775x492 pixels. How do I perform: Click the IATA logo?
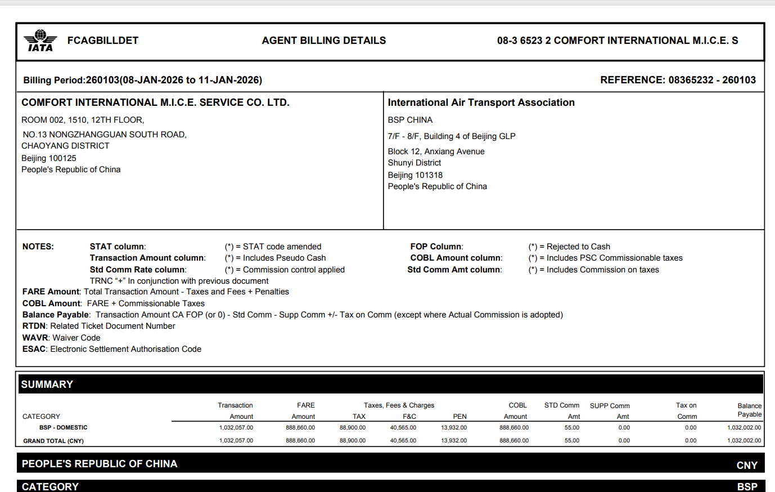pyautogui.click(x=40, y=41)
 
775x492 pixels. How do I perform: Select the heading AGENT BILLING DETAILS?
pyautogui.click(x=323, y=41)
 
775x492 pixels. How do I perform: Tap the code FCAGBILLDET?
pyautogui.click(x=102, y=41)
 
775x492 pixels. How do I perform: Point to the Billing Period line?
pyautogui.click(x=142, y=80)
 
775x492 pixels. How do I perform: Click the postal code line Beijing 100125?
pyautogui.click(x=49, y=158)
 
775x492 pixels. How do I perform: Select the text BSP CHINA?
pyautogui.click(x=410, y=120)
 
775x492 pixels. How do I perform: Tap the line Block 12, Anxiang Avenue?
pyautogui.click(x=436, y=151)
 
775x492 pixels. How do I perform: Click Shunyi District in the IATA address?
pyautogui.click(x=414, y=163)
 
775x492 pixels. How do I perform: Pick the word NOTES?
pyautogui.click(x=38, y=247)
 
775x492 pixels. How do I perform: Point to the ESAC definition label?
pyautogui.click(x=34, y=349)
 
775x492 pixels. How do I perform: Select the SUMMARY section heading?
pyautogui.click(x=47, y=384)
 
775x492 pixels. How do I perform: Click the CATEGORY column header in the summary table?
pyautogui.click(x=41, y=417)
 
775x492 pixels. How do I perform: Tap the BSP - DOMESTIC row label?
pyautogui.click(x=63, y=428)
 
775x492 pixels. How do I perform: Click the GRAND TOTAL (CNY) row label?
pyautogui.click(x=53, y=441)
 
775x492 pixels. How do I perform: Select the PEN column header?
pyautogui.click(x=459, y=417)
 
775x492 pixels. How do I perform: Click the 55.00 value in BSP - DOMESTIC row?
pyautogui.click(x=571, y=428)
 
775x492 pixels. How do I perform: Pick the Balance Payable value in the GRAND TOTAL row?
pyautogui.click(x=744, y=441)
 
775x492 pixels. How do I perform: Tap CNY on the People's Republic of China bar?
pyautogui.click(x=747, y=465)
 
